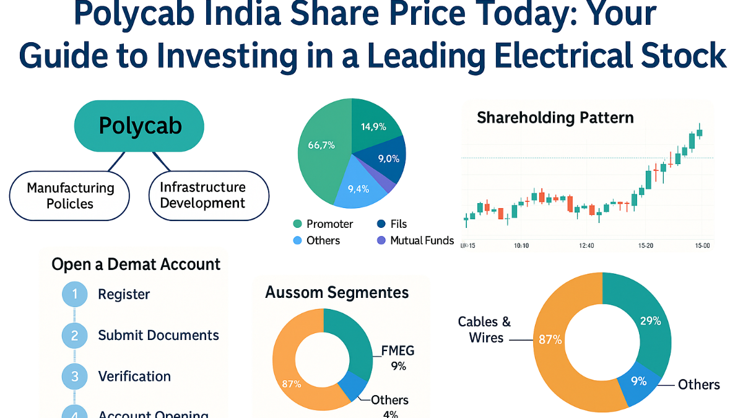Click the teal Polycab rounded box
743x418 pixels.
[x=140, y=126]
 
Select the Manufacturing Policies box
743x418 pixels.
[x=70, y=195]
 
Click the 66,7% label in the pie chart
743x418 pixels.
[x=321, y=146]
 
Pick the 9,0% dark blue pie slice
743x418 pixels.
[x=388, y=159]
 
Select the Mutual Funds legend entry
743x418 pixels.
[x=415, y=240]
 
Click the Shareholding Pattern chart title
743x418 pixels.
[x=555, y=118]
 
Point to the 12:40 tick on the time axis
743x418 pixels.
[x=586, y=246]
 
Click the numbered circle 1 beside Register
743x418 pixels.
[x=75, y=294]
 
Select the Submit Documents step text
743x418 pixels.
[x=159, y=336]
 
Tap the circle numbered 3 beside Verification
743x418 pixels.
[x=75, y=377]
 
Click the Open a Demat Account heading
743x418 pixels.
[x=136, y=264]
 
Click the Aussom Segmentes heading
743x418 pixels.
[x=337, y=292]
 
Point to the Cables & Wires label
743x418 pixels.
[x=484, y=329]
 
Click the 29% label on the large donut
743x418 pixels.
[x=650, y=321]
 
